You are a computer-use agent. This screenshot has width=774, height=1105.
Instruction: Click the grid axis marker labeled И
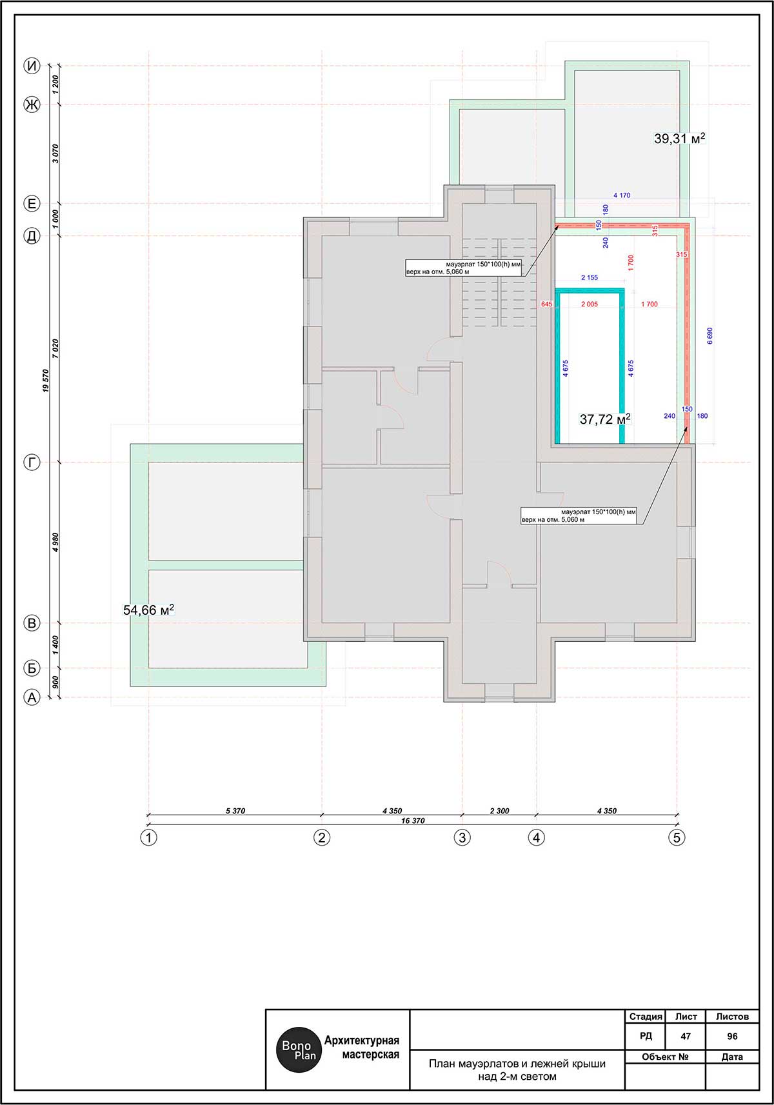pos(32,66)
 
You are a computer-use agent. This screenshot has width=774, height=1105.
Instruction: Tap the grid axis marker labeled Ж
pos(32,105)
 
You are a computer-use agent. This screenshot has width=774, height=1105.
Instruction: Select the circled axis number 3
pos(462,838)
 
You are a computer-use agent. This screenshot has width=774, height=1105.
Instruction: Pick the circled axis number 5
pos(677,838)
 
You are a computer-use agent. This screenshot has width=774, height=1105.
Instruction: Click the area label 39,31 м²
pos(679,139)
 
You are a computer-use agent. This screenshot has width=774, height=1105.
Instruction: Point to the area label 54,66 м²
pos(148,610)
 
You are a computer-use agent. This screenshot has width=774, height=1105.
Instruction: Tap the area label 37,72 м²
pos(605,419)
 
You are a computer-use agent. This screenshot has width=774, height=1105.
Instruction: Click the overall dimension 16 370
pos(413,821)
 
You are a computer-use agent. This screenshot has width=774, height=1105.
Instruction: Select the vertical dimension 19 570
pos(46,381)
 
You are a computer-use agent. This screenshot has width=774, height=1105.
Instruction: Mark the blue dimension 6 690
pos(710,335)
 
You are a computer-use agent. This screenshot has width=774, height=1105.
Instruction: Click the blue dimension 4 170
pos(622,195)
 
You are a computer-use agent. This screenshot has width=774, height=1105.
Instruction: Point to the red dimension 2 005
pos(590,304)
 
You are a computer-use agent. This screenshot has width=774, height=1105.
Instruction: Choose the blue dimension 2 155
pos(590,278)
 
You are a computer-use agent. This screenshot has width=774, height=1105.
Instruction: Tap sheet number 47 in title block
pos(686,1037)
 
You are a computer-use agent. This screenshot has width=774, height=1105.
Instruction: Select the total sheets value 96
pos(732,1037)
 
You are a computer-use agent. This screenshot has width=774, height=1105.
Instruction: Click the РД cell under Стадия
pos(646,1037)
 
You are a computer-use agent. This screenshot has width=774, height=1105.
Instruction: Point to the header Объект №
pos(665,1057)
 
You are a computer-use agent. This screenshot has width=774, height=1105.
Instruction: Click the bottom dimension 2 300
pos(500,811)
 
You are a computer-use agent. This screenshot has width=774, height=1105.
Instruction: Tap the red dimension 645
pos(546,304)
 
